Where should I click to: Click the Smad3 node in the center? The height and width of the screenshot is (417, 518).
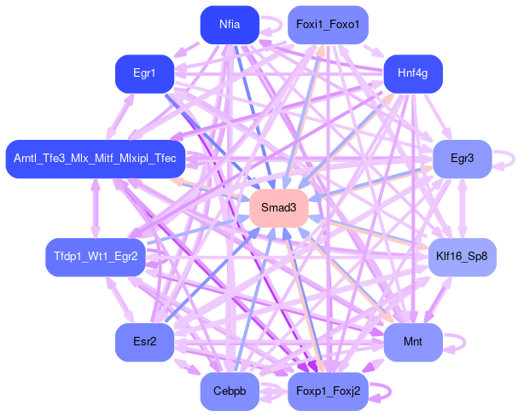pos(278,208)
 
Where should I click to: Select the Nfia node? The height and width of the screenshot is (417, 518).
pos(229,25)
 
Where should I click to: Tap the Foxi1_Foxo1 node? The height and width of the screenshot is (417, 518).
pos(328,25)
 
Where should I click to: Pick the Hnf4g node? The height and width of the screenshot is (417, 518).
pos(412,74)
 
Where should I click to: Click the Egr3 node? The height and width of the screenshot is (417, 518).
pos(462,159)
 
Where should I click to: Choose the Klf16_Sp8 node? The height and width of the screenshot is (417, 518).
pos(462,257)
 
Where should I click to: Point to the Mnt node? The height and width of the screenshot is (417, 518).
pos(412,342)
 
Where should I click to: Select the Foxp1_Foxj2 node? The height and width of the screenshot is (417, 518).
pos(328,391)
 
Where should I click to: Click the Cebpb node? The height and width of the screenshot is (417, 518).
pos(229,391)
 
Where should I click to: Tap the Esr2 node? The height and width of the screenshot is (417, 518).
pos(144,342)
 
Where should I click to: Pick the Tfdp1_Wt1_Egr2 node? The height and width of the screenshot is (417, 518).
pos(96,257)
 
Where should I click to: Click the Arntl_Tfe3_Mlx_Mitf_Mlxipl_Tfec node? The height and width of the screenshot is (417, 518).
pos(96,159)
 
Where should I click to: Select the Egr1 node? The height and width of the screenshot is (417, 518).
pos(144,74)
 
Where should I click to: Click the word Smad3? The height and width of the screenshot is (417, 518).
pos(278,208)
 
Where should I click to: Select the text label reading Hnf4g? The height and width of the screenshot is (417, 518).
pos(412,74)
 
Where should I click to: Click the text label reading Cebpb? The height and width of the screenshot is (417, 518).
pos(229,391)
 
